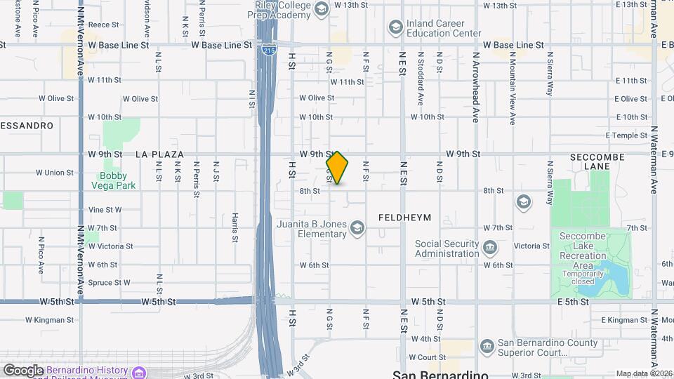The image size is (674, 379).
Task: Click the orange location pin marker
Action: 338,168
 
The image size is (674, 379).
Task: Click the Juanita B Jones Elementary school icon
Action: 357,227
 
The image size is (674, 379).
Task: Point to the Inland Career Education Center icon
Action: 395,27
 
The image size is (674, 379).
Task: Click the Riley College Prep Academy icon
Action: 322,8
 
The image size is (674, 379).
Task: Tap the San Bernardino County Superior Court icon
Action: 487,347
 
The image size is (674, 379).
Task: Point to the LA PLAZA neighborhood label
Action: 159,154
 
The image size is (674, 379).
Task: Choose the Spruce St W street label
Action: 108,283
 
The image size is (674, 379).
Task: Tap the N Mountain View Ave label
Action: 513,90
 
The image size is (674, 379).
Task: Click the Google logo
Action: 23,370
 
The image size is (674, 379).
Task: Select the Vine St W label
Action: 105,210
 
